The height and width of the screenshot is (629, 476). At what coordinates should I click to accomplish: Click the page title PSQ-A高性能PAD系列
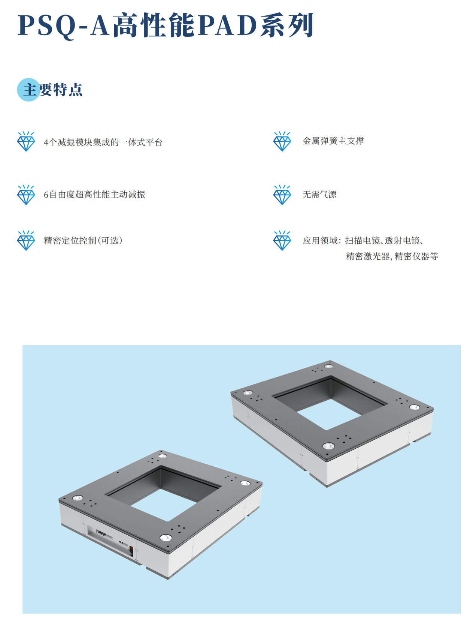[x=165, y=25]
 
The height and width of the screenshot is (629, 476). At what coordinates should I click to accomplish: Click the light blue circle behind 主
[x=28, y=90]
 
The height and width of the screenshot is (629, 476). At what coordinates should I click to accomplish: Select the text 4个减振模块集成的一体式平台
[x=103, y=142]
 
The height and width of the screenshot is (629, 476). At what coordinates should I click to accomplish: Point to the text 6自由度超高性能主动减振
[x=94, y=194]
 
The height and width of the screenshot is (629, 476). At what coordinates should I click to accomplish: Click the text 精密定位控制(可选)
[x=83, y=240]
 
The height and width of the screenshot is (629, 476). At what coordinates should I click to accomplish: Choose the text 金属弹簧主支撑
[x=333, y=141]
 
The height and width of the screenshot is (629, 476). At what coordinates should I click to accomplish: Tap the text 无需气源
[x=319, y=194]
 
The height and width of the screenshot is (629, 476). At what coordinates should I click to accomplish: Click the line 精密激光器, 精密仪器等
[x=392, y=256]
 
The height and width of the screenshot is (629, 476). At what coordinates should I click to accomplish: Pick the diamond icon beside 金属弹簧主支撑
[x=282, y=141]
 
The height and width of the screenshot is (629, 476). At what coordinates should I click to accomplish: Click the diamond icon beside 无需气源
[x=282, y=195]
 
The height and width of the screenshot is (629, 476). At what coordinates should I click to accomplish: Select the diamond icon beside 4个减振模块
[x=26, y=141]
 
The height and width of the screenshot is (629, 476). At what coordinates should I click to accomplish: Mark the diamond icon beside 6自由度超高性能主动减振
[x=26, y=195]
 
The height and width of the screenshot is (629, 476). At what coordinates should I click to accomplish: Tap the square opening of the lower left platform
[x=163, y=493]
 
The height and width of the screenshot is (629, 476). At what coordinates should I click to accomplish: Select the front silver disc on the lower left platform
[x=166, y=537]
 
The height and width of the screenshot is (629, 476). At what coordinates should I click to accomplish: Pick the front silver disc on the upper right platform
[x=328, y=446]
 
